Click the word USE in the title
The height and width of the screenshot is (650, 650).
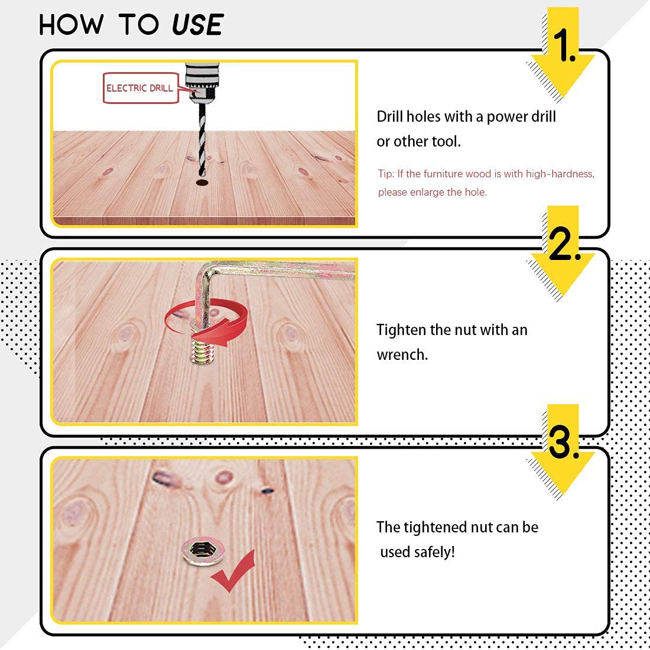[x=198, y=25]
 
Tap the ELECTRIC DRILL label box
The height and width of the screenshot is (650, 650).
[x=141, y=88]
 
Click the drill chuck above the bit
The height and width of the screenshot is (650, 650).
[x=201, y=82]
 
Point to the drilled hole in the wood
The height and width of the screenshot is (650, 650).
[x=202, y=183]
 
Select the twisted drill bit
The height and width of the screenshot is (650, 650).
[x=202, y=139]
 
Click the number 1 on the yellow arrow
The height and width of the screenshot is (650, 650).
[x=564, y=45]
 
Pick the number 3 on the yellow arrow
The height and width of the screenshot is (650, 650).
[x=563, y=443]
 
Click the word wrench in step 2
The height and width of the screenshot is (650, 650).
[x=402, y=355]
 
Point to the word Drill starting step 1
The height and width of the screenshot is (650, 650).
[x=389, y=116]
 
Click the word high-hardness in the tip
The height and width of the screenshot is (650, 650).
[x=560, y=174]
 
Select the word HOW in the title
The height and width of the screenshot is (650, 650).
[x=71, y=25]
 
